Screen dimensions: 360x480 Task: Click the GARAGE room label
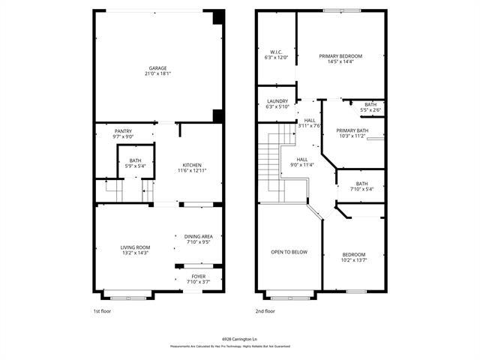click(157, 67)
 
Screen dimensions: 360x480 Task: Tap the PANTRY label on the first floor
click(123, 130)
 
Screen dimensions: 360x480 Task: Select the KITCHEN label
click(192, 165)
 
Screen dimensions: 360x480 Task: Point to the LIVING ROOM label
click(136, 247)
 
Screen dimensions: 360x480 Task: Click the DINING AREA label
click(198, 236)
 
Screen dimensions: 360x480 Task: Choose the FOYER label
click(198, 276)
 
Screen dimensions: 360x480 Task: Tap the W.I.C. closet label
click(276, 52)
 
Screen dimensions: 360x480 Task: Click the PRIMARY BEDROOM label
click(340, 56)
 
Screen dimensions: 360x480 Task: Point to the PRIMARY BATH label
click(352, 130)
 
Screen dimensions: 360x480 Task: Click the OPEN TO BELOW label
click(289, 252)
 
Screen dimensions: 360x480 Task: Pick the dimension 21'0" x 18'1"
click(157, 73)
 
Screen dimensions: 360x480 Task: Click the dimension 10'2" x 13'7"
click(354, 259)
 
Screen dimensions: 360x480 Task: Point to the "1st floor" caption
click(101, 310)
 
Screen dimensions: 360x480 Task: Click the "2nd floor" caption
click(265, 310)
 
